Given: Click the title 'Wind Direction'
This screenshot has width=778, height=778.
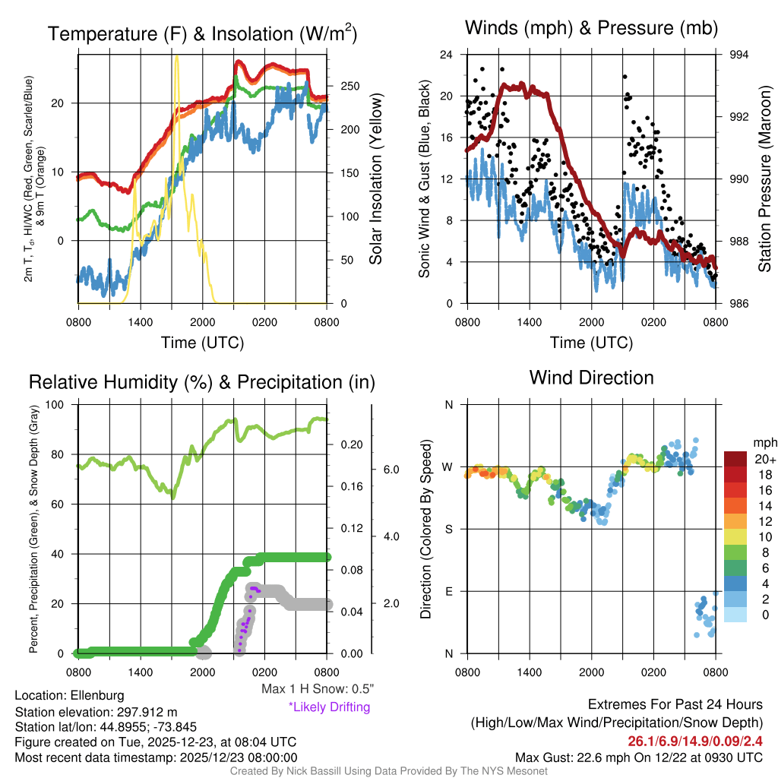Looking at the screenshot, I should tap(591, 378).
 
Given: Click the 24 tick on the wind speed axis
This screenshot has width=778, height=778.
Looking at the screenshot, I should tap(447, 55).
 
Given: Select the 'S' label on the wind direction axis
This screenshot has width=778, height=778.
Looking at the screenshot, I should tap(448, 529).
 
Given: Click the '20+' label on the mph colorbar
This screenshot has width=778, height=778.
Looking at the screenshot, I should tap(764, 460).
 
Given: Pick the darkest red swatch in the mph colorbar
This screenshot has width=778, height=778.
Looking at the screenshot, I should tap(736, 459).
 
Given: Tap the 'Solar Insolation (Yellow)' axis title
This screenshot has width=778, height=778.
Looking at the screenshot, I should tap(375, 179).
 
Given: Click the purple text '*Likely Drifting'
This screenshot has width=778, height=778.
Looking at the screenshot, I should tap(329, 707).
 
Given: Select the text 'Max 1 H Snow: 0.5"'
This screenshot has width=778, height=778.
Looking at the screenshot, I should tap(318, 688).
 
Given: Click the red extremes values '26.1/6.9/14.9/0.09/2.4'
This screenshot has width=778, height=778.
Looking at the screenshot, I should tap(695, 741).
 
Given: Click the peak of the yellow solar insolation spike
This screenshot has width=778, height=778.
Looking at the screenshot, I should tap(176, 56).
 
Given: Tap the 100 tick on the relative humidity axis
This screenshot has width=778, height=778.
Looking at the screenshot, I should tap(63, 404).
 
